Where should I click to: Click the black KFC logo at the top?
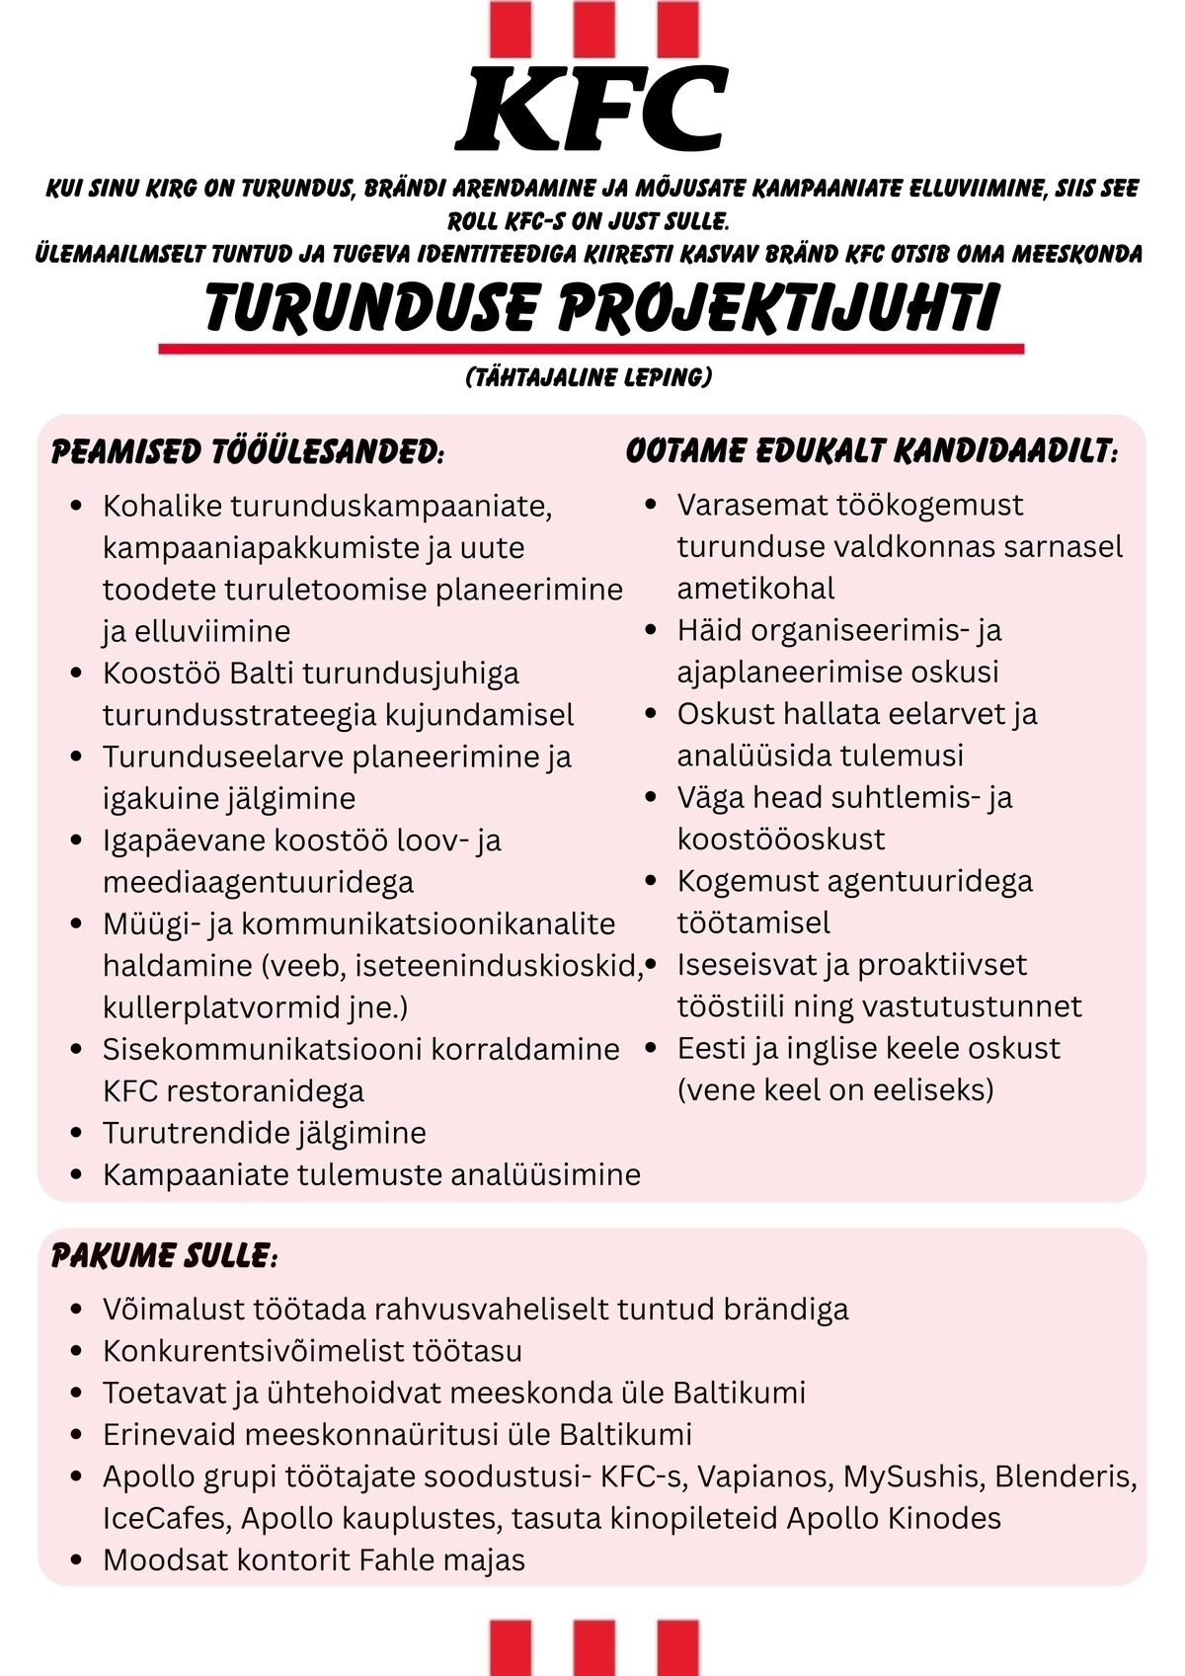592,109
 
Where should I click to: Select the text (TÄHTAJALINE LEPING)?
589,377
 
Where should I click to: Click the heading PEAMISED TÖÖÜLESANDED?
248,452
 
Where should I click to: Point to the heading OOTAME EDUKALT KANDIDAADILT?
872,451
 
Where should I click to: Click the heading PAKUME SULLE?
164,1256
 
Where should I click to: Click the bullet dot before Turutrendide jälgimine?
77,1133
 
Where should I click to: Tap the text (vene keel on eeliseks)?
835,1090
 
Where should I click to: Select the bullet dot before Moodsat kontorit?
77,1560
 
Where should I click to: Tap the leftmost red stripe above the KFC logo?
510,28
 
